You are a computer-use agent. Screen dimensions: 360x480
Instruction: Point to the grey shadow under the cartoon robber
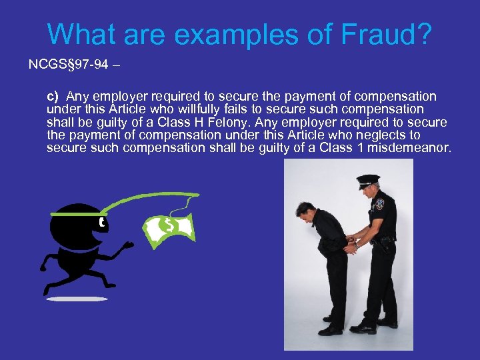pos(77,299)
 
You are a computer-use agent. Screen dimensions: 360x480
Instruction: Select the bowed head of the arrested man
pos(308,219)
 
